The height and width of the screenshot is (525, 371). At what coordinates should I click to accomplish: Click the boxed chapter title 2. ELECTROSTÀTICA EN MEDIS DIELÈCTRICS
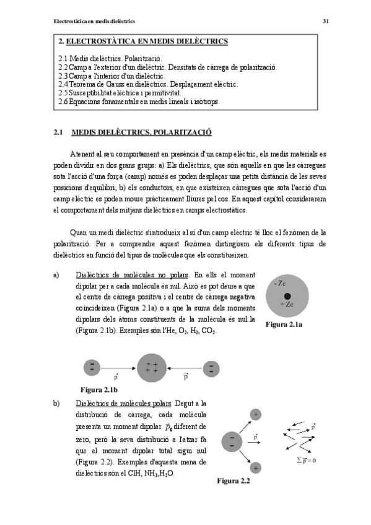[142, 41]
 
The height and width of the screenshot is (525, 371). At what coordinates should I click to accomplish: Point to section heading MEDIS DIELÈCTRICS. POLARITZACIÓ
[142, 132]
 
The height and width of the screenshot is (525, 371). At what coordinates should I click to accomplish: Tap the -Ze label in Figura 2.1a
[279, 284]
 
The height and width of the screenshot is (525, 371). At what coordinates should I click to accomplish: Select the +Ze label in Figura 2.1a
[287, 305]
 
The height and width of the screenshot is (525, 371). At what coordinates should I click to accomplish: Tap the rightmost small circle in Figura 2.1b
[211, 369]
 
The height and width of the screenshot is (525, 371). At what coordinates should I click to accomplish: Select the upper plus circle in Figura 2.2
[256, 414]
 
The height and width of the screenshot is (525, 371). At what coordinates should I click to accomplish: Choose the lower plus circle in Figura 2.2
[255, 467]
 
